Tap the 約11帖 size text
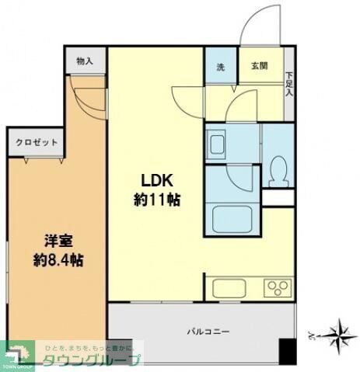(156, 200)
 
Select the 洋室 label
(55, 239)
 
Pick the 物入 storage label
(86, 61)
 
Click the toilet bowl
(278, 169)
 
